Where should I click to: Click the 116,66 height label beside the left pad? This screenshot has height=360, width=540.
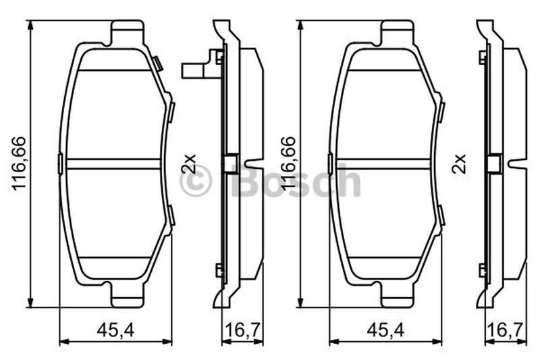click(x=20, y=163)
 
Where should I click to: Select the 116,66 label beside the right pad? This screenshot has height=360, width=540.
click(x=289, y=163)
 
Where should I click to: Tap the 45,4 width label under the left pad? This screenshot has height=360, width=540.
click(x=115, y=330)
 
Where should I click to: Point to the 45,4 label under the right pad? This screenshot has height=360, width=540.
click(x=385, y=330)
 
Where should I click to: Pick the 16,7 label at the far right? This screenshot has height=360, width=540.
click(x=505, y=330)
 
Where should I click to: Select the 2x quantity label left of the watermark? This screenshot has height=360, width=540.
click(x=189, y=163)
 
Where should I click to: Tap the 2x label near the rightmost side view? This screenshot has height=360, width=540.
click(x=459, y=163)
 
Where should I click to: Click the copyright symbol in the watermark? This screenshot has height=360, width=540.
click(x=195, y=181)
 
